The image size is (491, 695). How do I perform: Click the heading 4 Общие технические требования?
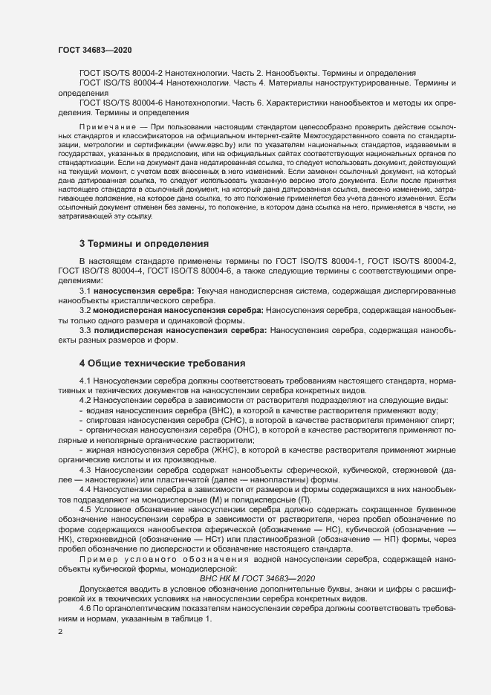pos(162,363)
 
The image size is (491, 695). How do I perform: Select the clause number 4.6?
pos(85,607)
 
